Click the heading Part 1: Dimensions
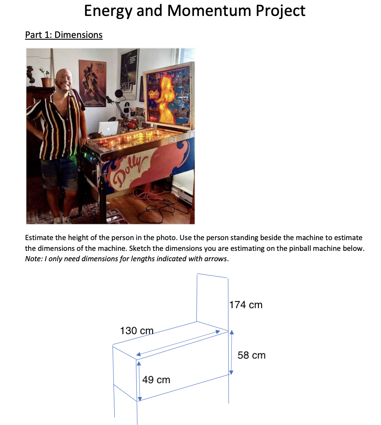(x=64, y=34)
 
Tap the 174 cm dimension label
(x=246, y=305)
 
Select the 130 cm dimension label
(x=136, y=331)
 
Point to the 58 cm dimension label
(x=252, y=355)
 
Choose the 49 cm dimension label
(x=156, y=380)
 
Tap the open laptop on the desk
(x=108, y=128)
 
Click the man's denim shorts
(x=59, y=172)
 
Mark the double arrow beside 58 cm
(x=231, y=352)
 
